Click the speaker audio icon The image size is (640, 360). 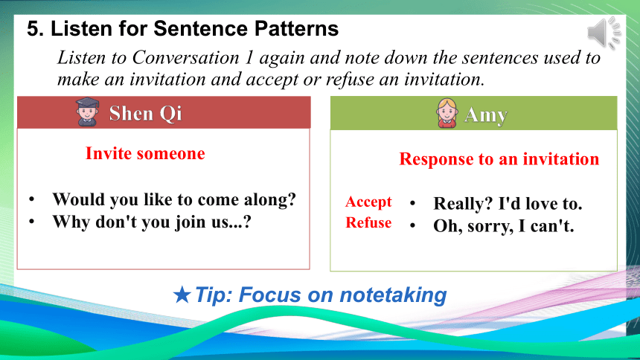(x=604, y=33)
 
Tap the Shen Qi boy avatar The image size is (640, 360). (x=87, y=112)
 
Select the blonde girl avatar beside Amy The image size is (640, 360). (x=447, y=113)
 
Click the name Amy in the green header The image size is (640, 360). (x=486, y=115)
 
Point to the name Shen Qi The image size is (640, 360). (x=145, y=113)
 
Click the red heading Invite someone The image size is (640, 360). (x=145, y=153)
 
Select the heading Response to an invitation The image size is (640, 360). (x=499, y=158)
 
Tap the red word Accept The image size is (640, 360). (x=368, y=202)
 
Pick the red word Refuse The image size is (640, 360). (x=368, y=222)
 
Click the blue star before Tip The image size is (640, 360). (x=182, y=295)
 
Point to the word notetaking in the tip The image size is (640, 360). (x=393, y=295)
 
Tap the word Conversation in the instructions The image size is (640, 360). (x=186, y=57)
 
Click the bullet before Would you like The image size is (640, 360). (x=32, y=199)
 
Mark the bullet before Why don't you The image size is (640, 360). (x=32, y=222)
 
